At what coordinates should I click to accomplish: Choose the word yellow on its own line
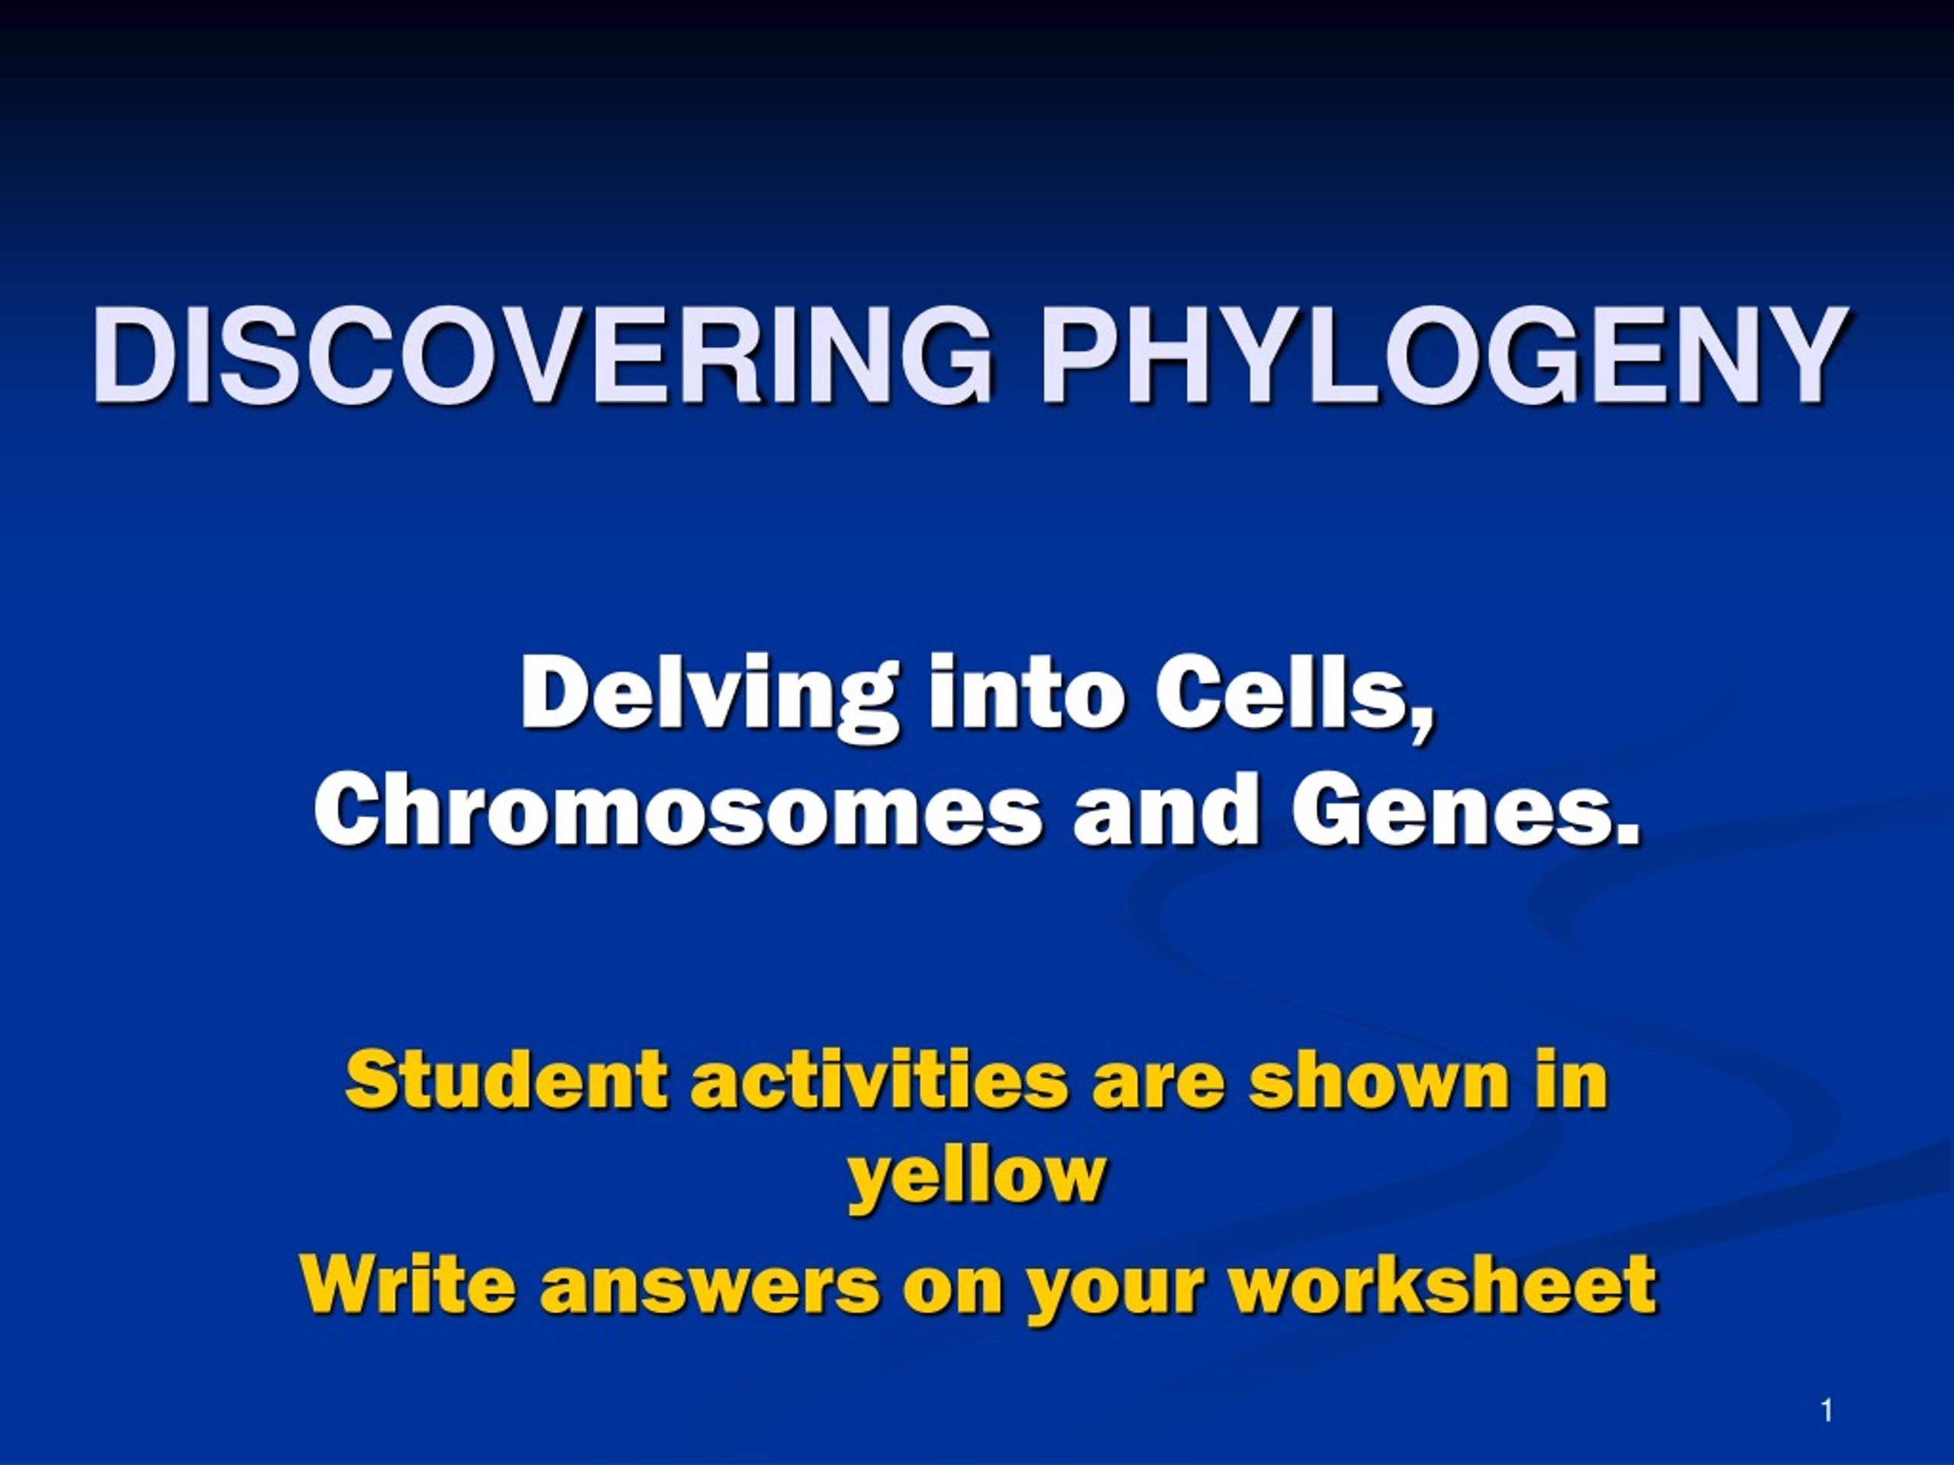977,1178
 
